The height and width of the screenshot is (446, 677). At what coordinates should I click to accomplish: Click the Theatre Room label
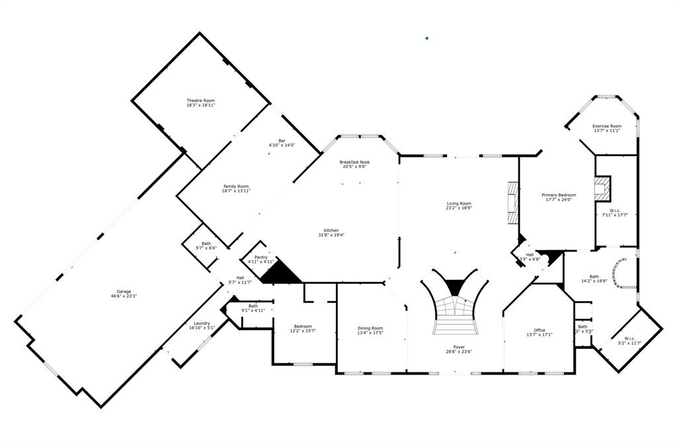200,101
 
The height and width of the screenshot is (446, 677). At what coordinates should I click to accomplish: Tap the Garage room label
124,291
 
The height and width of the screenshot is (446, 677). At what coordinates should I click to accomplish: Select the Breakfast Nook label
354,162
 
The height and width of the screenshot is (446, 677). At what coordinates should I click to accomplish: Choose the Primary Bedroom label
559,195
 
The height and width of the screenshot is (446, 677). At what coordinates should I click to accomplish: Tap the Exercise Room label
606,126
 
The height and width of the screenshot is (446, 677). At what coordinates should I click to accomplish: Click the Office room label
539,330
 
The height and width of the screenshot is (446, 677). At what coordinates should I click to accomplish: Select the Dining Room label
370,328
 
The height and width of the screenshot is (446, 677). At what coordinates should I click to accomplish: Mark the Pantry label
261,257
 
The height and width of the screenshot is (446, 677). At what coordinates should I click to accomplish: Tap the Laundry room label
202,323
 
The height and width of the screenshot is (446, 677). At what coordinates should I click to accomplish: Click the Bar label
282,140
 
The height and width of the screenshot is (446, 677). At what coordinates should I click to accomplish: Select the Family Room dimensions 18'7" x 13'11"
236,191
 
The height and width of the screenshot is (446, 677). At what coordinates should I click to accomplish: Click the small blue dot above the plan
427,38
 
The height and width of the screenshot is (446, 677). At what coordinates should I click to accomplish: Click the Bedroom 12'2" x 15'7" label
303,326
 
